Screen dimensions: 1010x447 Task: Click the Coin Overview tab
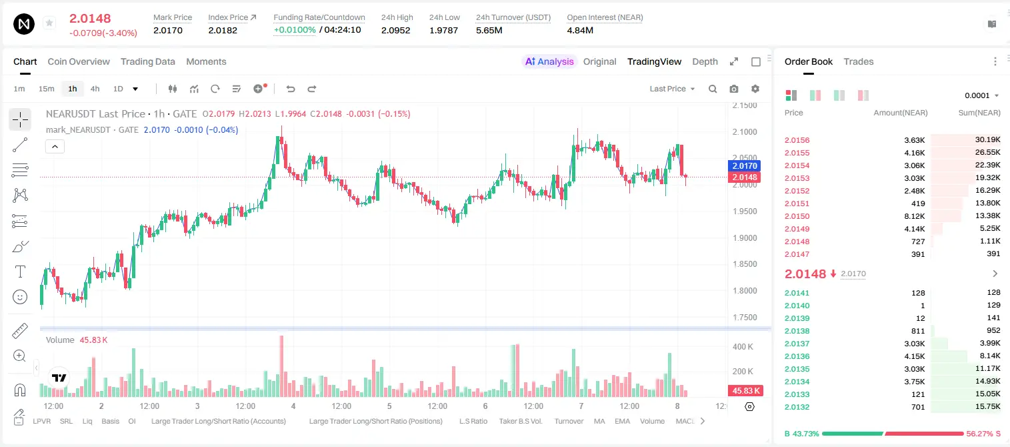click(79, 61)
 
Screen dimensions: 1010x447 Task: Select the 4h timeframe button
click(95, 89)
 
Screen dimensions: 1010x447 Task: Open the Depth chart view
click(705, 61)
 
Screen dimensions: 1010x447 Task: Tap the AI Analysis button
click(549, 61)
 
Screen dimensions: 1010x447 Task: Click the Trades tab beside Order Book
click(859, 61)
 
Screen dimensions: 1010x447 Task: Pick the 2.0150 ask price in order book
click(797, 216)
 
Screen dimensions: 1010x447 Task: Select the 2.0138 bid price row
click(797, 331)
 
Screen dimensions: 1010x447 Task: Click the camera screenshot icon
click(733, 89)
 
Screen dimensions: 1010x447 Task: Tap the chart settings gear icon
click(755, 89)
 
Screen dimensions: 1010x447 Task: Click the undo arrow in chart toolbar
click(291, 89)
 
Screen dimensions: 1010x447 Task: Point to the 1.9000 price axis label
click(745, 238)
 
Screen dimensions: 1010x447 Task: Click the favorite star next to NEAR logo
click(49, 23)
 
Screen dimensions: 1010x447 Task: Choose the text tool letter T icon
click(20, 272)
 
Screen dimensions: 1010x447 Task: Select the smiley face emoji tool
click(20, 297)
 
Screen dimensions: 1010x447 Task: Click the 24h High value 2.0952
click(395, 30)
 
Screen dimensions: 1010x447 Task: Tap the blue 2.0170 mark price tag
click(745, 166)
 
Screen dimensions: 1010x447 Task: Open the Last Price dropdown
click(672, 89)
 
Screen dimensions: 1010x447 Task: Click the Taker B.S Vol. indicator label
click(520, 421)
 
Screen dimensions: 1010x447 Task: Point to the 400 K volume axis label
click(743, 347)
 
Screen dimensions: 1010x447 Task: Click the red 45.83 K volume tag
click(745, 390)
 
